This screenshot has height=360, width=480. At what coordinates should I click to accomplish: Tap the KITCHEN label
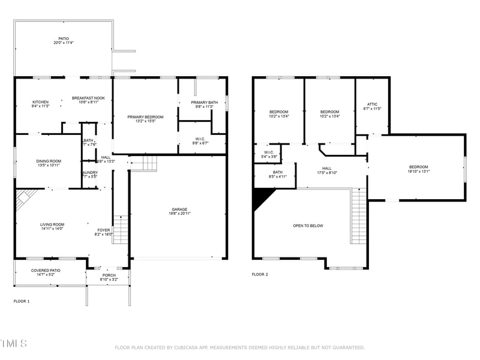tap(40, 102)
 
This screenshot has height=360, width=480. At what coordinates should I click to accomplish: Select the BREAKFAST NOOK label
tap(88, 98)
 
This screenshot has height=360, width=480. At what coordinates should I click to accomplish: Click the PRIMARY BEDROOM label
tap(145, 117)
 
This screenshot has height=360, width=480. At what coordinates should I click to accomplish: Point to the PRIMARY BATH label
tap(202, 103)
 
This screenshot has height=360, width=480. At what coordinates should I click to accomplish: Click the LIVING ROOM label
tap(52, 224)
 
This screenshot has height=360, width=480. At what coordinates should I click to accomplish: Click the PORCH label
tap(109, 275)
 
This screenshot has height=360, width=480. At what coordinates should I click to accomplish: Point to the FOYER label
tap(104, 230)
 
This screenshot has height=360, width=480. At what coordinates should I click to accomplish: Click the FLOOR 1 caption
tap(22, 301)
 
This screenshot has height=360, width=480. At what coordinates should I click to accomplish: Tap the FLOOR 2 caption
tap(260, 274)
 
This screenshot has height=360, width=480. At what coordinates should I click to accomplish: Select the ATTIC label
tap(372, 104)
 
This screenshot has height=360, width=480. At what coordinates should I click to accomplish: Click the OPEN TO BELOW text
tap(308, 226)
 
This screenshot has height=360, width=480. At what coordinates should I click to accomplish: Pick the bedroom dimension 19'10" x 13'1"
tap(419, 171)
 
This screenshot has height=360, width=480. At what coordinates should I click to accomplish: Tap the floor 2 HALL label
tap(326, 169)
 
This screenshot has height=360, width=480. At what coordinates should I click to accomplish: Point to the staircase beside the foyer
tap(121, 230)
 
